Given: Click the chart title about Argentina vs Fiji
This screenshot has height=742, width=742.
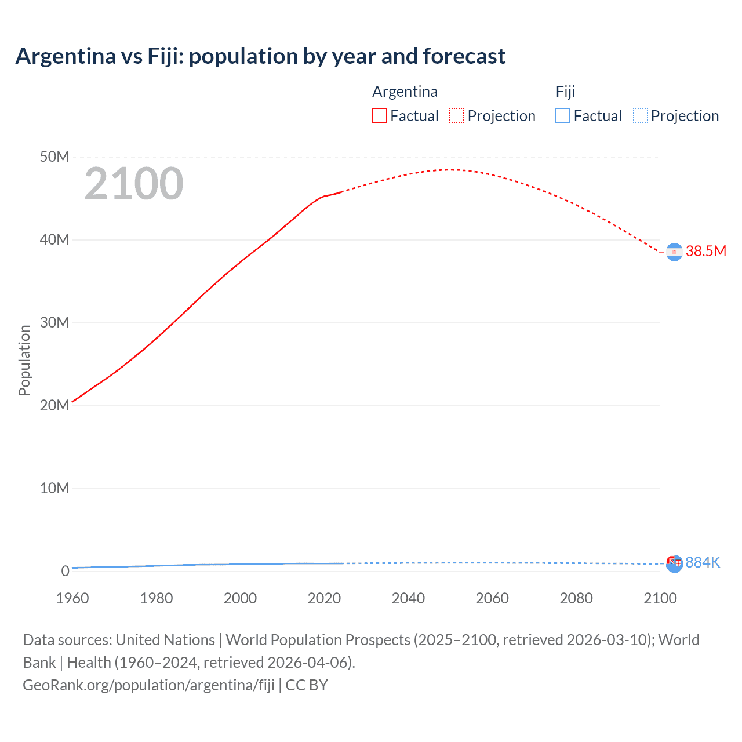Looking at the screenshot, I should (x=260, y=56).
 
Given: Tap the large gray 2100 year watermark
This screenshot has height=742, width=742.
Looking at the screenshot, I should (x=134, y=184).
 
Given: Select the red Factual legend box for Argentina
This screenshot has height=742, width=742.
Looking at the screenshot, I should (x=380, y=116).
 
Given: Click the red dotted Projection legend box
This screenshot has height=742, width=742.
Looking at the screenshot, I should (x=457, y=116).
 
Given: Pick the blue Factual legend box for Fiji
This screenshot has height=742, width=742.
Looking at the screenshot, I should (x=563, y=116).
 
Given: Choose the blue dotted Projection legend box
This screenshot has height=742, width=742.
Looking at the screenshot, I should (x=641, y=116).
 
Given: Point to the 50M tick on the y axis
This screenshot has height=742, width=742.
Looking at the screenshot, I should (x=54, y=157).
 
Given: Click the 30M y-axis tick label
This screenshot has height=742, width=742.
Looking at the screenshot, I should (x=54, y=322).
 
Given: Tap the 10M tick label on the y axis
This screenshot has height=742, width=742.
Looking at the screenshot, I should (x=54, y=488).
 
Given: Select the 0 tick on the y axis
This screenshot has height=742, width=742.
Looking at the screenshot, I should (x=65, y=571).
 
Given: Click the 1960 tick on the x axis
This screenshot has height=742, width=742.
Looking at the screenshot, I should (x=72, y=598).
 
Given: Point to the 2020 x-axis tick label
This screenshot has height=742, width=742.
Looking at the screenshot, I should (x=324, y=598).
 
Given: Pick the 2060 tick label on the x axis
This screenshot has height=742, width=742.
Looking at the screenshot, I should (x=492, y=598).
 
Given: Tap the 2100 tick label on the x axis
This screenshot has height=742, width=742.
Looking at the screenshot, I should (x=660, y=598).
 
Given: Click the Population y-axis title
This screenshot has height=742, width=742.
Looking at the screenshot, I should (x=24, y=360).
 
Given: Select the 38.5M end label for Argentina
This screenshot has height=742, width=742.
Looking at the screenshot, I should (x=705, y=251).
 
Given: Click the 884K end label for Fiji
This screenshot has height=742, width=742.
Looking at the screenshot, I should (x=703, y=562).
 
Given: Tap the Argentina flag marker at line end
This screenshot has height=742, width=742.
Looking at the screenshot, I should (x=674, y=252).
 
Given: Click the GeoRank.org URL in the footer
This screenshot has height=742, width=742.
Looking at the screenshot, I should (x=148, y=685).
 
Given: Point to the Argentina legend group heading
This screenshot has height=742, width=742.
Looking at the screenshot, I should (x=405, y=92).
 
